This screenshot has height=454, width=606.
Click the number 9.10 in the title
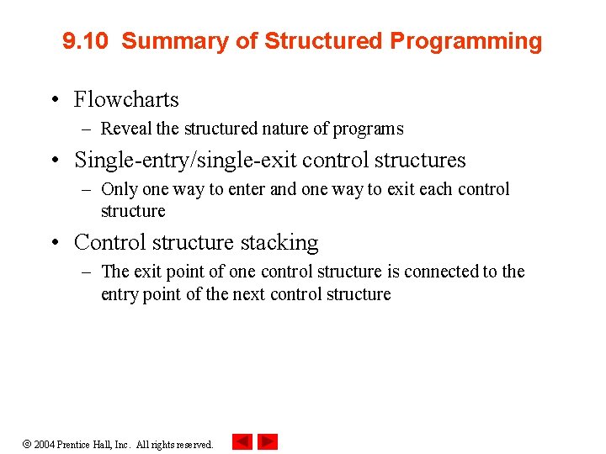[x=85, y=41]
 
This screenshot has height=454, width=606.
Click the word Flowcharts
[x=126, y=99]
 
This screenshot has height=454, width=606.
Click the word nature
[x=282, y=129]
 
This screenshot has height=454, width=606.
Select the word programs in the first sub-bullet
[x=368, y=129]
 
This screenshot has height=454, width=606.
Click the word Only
[x=117, y=189]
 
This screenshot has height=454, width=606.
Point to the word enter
[x=247, y=189]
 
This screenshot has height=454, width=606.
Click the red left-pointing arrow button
[x=242, y=441]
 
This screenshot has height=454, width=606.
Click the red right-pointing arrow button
[x=268, y=441]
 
